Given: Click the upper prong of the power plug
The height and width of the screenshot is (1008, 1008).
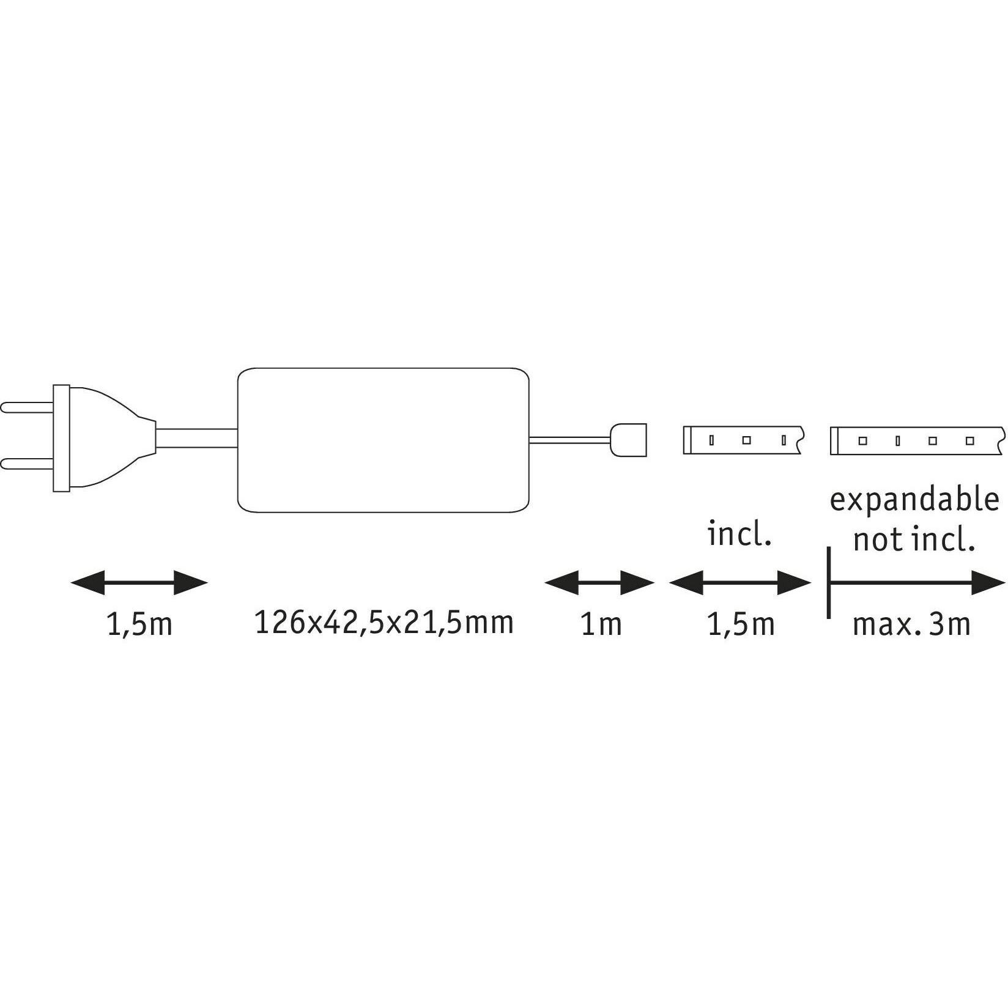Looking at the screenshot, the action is tap(28, 407).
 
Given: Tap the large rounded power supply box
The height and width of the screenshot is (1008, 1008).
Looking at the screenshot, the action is tap(384, 440).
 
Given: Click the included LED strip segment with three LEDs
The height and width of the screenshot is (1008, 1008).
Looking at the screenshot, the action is tap(743, 440).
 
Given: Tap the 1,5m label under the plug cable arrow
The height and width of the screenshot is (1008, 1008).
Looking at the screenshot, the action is tap(139, 625).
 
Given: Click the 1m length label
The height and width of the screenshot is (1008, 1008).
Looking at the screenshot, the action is tap(601, 624).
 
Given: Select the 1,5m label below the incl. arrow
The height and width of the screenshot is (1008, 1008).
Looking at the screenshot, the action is tap(741, 625).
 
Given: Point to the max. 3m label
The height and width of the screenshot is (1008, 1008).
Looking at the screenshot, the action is tap(911, 624).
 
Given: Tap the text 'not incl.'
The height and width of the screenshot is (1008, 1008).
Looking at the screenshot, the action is tap(914, 539).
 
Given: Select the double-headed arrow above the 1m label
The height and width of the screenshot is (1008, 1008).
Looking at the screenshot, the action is tap(599, 583).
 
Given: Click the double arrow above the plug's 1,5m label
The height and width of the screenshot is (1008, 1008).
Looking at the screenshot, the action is tap(139, 583).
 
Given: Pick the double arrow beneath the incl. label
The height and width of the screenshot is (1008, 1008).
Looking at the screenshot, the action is tap(740, 583).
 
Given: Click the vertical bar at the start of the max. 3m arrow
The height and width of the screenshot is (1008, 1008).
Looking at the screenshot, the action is tap(829, 583).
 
